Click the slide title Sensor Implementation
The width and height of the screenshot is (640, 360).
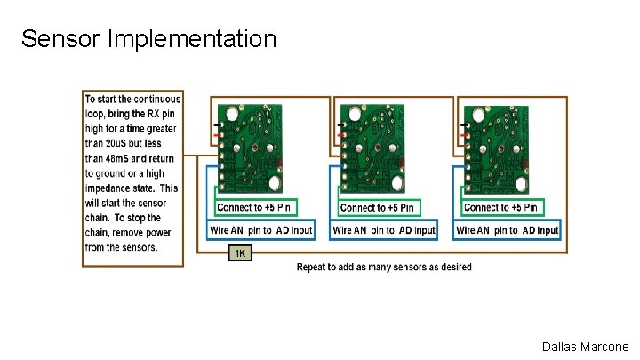tap(148, 39)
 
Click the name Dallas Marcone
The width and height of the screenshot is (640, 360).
tap(584, 347)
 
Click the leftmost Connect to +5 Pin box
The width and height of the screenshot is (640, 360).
tap(253, 207)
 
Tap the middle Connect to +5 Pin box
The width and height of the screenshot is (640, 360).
tap(377, 207)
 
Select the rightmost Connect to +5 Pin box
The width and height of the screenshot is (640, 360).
tap(500, 207)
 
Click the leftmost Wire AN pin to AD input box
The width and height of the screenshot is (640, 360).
tap(260, 230)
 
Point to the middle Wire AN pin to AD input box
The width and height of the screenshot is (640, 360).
tap(384, 230)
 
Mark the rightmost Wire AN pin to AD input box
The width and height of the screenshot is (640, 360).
tap(507, 230)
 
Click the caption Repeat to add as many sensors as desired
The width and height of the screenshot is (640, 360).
tap(384, 267)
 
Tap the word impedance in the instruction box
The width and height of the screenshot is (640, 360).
tap(113, 188)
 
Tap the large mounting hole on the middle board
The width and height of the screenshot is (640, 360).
tap(395, 183)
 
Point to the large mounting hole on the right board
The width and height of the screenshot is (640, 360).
tap(519, 183)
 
